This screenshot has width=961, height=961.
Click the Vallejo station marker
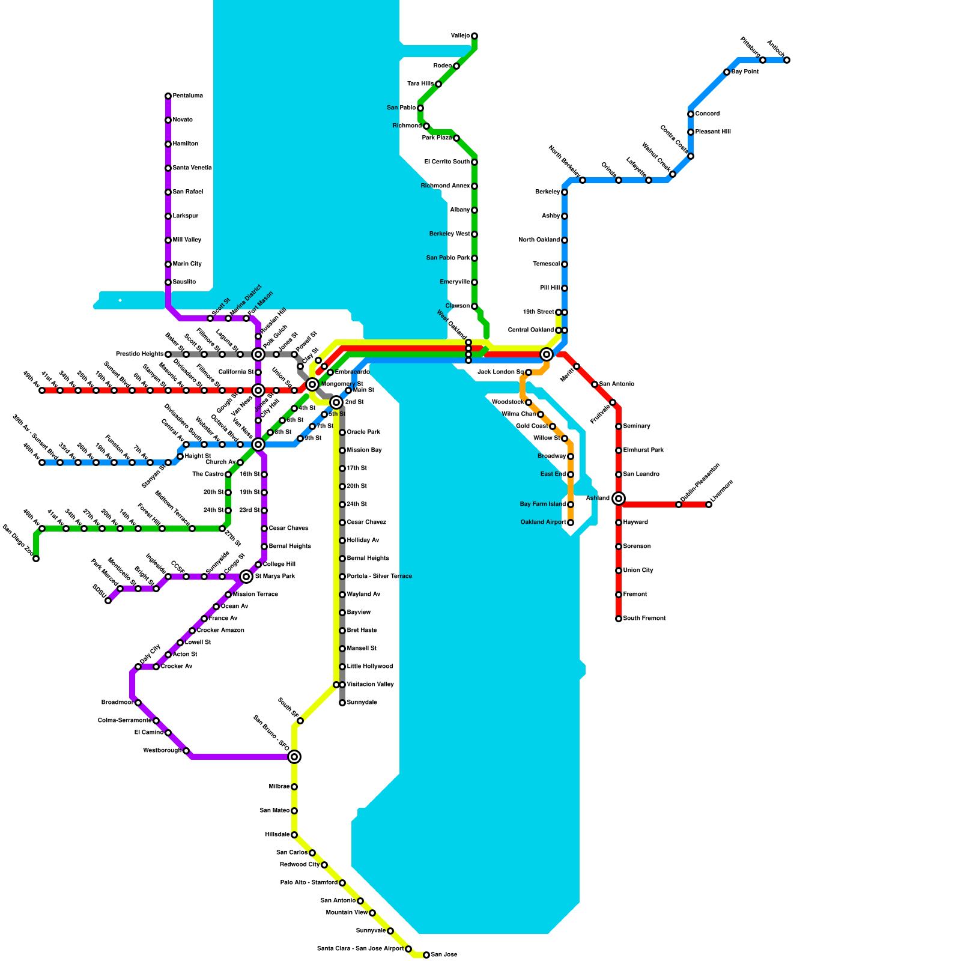pos(474,36)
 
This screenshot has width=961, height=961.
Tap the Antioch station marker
pos(787,60)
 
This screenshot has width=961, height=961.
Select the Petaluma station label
pos(187,96)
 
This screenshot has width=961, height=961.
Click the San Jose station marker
pos(426,955)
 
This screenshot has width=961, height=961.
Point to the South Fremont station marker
pos(619,619)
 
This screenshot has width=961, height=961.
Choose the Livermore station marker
pos(709,505)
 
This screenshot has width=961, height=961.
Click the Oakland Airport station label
pos(543,523)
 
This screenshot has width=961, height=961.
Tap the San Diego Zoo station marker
pos(36,559)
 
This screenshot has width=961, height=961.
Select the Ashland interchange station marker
pos(619,499)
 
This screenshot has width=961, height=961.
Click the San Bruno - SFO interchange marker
pos(294,757)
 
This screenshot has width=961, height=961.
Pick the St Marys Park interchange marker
pos(246,577)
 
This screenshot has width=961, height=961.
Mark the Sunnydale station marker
pos(342,703)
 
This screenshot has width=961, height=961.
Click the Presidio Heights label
pos(139,354)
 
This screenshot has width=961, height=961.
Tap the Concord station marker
pos(691,114)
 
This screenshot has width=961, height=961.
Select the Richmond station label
pos(407,126)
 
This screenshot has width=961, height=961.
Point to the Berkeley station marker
pos(565,192)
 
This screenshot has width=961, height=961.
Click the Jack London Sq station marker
pos(529,372)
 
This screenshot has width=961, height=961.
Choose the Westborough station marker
pos(186,751)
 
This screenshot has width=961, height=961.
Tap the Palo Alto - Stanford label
pos(309,883)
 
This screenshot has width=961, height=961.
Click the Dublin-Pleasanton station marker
pos(679,505)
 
